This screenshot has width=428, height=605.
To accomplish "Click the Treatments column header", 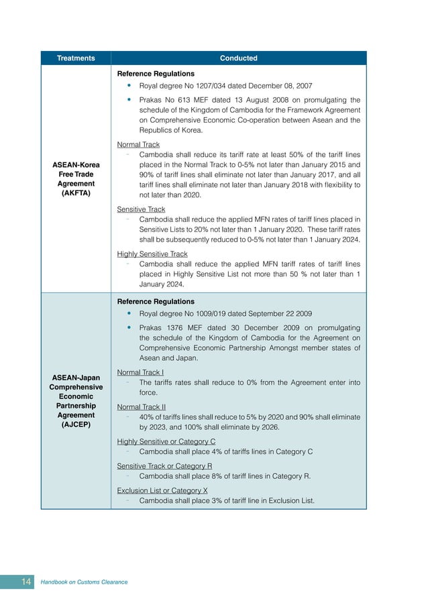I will [x=76, y=58].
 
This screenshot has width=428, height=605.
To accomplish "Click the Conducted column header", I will [x=238, y=58].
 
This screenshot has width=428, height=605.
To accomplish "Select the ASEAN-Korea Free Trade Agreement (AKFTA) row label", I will [x=76, y=178].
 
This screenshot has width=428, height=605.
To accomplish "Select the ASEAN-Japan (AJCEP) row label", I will [x=76, y=401].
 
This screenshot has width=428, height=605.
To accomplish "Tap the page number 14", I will [x=26, y=582].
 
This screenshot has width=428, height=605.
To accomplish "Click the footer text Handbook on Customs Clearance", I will [x=84, y=582].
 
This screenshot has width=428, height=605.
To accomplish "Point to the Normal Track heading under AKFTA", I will [x=138, y=144].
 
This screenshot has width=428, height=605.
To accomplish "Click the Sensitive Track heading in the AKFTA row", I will [x=141, y=209].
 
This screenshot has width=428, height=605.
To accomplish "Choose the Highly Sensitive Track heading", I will [x=152, y=254].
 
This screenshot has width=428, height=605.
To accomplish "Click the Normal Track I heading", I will [x=140, y=372].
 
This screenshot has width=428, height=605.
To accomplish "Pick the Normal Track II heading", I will [x=141, y=407].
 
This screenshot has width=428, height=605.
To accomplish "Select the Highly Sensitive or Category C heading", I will [x=166, y=442].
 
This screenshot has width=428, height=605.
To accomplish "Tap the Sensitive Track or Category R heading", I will [x=164, y=466].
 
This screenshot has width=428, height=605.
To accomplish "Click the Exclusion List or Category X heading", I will [x=162, y=490].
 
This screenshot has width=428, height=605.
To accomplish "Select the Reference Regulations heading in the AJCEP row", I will [x=156, y=302].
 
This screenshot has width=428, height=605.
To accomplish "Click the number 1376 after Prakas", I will [x=174, y=328].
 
